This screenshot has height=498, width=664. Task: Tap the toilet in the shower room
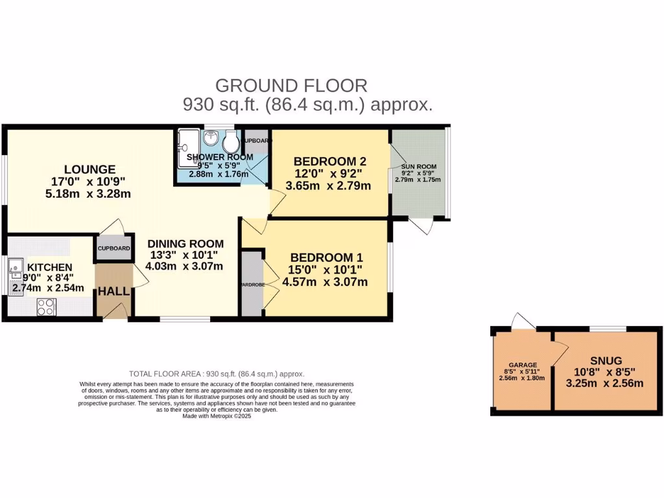click(x=230, y=142)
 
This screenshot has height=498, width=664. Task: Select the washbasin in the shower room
click(x=211, y=138)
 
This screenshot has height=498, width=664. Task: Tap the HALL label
click(x=113, y=292)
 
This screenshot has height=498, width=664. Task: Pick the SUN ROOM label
click(x=418, y=167)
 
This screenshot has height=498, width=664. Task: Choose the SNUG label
click(x=606, y=361)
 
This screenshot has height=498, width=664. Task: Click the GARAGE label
click(x=522, y=365)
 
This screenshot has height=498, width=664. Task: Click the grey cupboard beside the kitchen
click(x=113, y=248)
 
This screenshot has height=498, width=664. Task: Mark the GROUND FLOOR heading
click(x=291, y=85)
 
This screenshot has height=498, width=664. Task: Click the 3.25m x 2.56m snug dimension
click(x=606, y=383)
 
